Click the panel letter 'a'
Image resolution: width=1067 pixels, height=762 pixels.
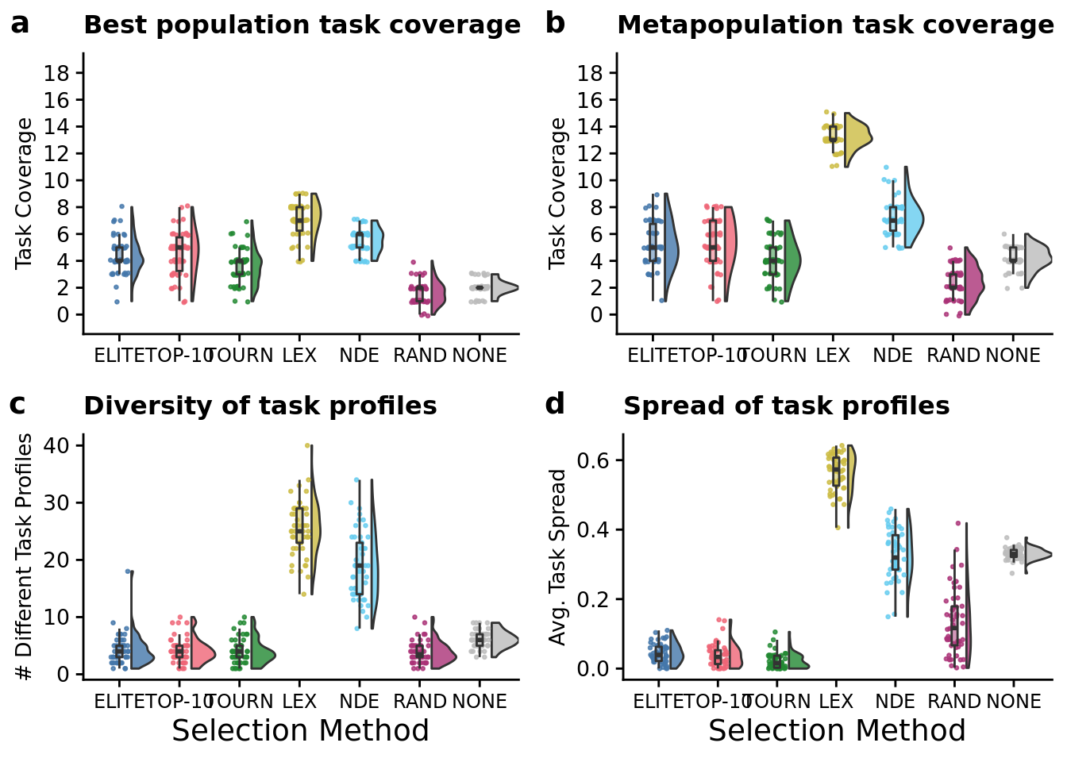coord(20,24)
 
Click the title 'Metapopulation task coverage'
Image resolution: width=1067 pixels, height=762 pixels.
coord(835,25)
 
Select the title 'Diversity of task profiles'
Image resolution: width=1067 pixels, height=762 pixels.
coord(260,406)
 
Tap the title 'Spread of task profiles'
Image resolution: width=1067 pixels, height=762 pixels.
coord(786,406)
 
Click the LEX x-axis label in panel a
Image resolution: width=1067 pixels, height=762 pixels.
coord(299,356)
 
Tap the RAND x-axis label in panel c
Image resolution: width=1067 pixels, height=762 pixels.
coord(420,702)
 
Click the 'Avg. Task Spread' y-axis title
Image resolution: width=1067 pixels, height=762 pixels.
coord(558,557)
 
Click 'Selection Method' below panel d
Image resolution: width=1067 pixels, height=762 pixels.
coord(837,731)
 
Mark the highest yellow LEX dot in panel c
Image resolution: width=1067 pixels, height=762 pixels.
coord(307,445)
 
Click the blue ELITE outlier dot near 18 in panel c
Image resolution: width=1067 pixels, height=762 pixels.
coord(127,571)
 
